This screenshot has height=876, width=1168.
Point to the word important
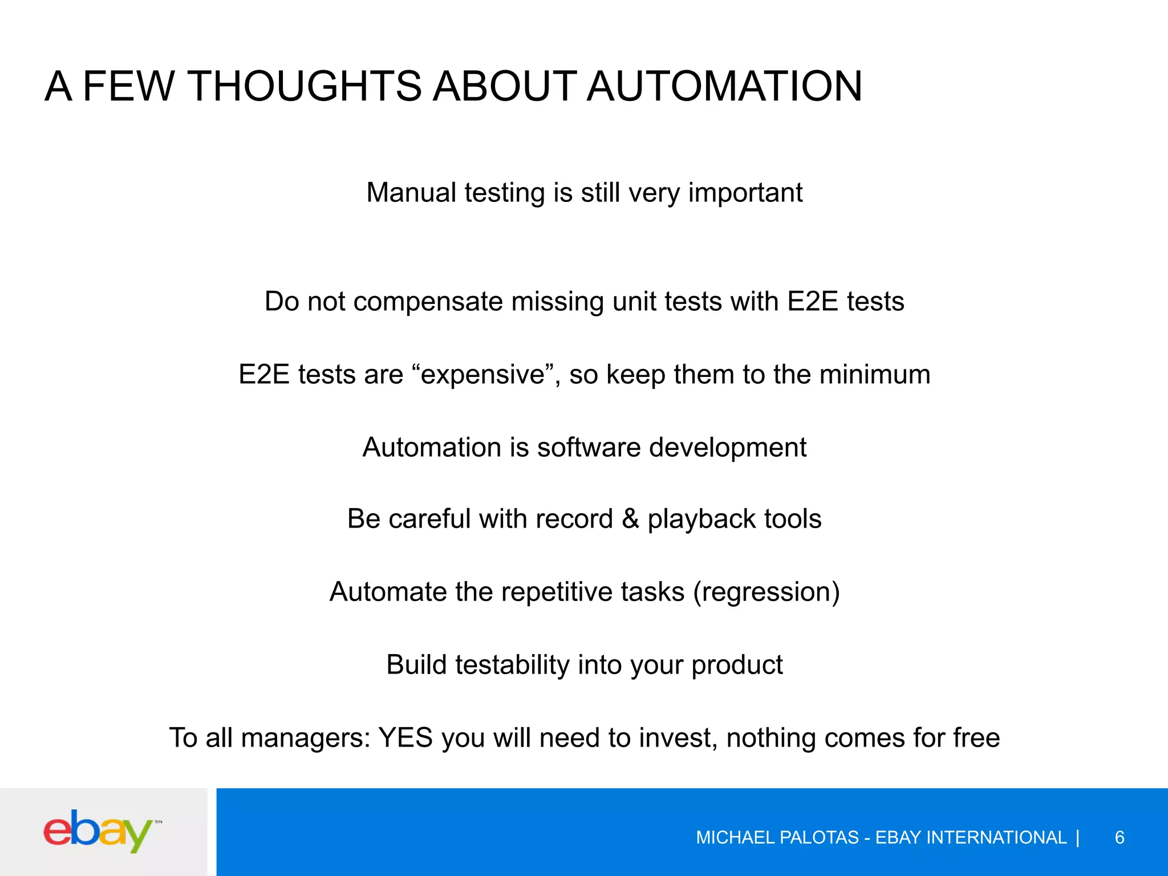click(745, 192)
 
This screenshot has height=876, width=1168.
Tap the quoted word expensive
click(483, 375)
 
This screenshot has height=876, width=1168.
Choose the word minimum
click(875, 375)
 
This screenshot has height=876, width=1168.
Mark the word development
click(728, 448)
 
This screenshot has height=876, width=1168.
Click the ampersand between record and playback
click(630, 519)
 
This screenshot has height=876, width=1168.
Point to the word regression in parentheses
click(766, 592)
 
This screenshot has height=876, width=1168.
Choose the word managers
click(305, 738)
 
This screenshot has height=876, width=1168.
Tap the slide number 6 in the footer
click(1120, 837)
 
